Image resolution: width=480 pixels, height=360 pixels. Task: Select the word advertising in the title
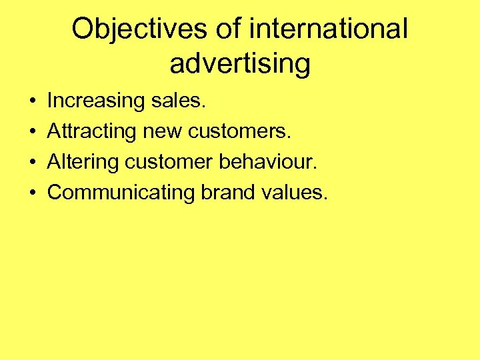(x=240, y=65)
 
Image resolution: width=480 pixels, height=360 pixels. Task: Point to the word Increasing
(x=96, y=101)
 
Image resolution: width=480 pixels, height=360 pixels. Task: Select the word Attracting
(x=92, y=131)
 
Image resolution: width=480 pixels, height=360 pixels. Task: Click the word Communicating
(x=120, y=193)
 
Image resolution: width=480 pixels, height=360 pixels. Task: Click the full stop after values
(x=326, y=198)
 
